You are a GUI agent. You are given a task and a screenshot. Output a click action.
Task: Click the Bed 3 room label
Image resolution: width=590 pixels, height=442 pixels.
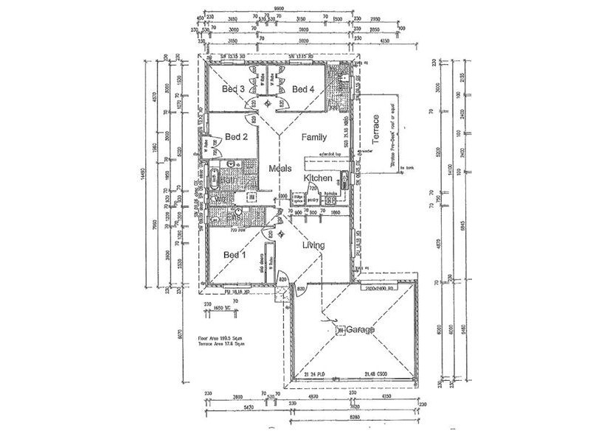pyautogui.click(x=234, y=89)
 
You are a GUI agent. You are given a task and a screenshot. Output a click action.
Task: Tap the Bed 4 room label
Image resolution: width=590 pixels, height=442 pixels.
pyautogui.click(x=303, y=89)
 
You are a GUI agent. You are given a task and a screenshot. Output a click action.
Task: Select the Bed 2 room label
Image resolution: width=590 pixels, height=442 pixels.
pyautogui.click(x=236, y=136)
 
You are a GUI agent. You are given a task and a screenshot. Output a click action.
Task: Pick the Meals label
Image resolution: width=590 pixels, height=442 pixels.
pyautogui.click(x=281, y=169)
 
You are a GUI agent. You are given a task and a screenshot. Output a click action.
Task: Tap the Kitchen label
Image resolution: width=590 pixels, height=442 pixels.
pyautogui.click(x=319, y=179)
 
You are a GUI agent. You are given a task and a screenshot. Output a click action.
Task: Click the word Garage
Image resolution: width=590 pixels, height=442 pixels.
pyautogui.click(x=358, y=331)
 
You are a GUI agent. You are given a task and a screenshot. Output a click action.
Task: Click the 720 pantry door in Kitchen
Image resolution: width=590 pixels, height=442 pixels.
pyautogui.click(x=312, y=189)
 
